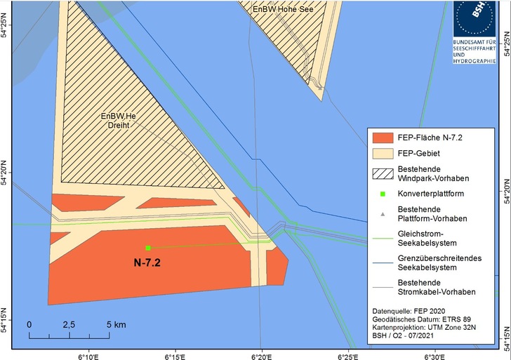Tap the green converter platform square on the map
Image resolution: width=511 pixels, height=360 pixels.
click(148, 248)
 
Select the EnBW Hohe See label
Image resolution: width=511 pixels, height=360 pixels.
click(286, 9)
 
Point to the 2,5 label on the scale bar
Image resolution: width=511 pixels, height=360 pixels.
click(68, 326)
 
